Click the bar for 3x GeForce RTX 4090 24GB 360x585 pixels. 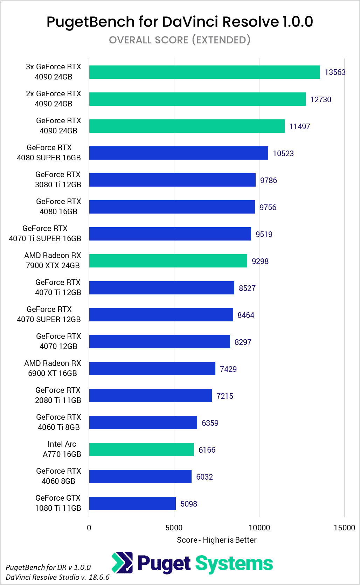(x=205, y=72)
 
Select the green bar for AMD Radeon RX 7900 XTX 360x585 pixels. (x=168, y=261)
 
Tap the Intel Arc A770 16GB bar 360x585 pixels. (x=141, y=450)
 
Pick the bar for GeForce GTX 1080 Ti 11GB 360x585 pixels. (x=132, y=503)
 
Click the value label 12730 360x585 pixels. (x=320, y=99)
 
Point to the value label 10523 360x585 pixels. (x=283, y=153)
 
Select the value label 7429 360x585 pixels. (x=228, y=369)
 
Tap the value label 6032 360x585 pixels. (x=204, y=477)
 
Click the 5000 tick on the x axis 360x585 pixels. (x=174, y=528)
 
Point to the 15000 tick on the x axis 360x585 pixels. (x=344, y=528)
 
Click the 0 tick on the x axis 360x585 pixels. (x=89, y=528)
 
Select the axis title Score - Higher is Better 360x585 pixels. (x=216, y=540)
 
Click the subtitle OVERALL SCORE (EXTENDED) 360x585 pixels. (x=180, y=40)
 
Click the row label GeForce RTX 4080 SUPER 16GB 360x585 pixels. (x=49, y=153)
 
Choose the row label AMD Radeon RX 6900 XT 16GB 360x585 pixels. (x=53, y=368)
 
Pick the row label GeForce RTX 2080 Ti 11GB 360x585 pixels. (x=58, y=395)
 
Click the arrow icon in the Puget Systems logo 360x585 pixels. (x=122, y=563)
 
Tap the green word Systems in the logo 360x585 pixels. (x=234, y=564)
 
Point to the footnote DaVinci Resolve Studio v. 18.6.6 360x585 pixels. (x=58, y=577)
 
